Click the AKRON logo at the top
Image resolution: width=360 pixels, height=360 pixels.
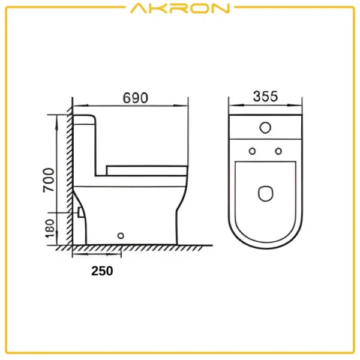click(179, 8)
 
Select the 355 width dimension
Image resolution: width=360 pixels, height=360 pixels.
click(265, 96)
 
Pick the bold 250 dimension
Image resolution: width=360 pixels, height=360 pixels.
click(102, 271)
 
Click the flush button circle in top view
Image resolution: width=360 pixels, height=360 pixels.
click(265, 127)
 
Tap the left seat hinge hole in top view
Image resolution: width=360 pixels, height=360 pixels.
click(252, 151)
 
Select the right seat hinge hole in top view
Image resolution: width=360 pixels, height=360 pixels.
click(278, 151)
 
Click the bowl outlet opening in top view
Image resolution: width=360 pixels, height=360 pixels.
click(265, 193)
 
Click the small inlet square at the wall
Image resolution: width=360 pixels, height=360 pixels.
click(79, 212)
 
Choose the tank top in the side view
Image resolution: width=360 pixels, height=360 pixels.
click(84, 116)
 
